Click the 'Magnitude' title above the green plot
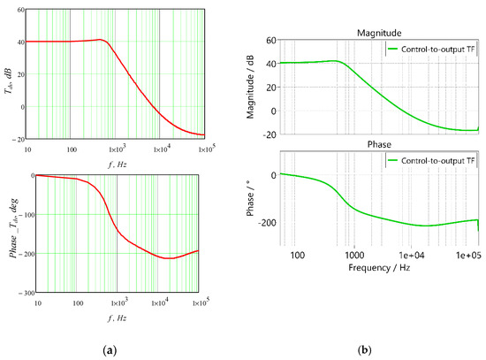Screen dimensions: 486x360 379,33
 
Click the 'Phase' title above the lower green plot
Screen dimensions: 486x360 379,144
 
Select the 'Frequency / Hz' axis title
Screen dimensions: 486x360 379,267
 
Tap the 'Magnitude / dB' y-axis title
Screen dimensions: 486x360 250,88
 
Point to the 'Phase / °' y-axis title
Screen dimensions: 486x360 250,198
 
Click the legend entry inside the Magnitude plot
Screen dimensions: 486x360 431,49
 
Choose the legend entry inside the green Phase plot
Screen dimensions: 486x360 431,160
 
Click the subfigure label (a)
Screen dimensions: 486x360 110,350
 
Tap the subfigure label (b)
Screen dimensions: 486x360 364,350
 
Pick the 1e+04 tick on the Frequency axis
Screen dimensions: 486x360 411,255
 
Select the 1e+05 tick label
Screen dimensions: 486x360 468,255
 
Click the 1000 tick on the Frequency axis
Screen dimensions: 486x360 354,255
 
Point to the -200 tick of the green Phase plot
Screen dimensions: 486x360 267,223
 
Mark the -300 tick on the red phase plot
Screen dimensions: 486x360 27,293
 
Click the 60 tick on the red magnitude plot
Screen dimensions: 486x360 21,10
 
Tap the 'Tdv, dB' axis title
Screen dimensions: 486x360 8,80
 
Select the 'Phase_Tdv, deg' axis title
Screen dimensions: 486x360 14,228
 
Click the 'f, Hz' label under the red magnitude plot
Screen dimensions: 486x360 118,165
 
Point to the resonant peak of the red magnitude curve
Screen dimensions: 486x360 100,40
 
